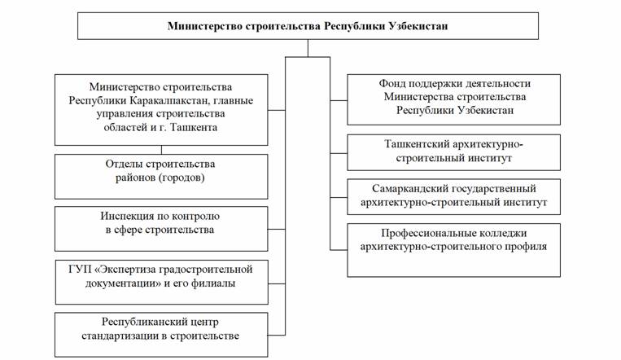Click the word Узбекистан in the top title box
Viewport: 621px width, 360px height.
(x=418, y=26)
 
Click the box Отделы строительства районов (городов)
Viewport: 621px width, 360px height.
(x=161, y=177)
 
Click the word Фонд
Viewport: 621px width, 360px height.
(x=392, y=84)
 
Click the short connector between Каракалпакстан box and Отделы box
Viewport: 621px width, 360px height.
(x=162, y=150)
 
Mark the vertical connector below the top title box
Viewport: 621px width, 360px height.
(x=308, y=48)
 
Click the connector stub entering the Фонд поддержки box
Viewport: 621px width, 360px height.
(x=339, y=101)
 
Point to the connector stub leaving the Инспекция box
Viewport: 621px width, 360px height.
(x=277, y=229)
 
